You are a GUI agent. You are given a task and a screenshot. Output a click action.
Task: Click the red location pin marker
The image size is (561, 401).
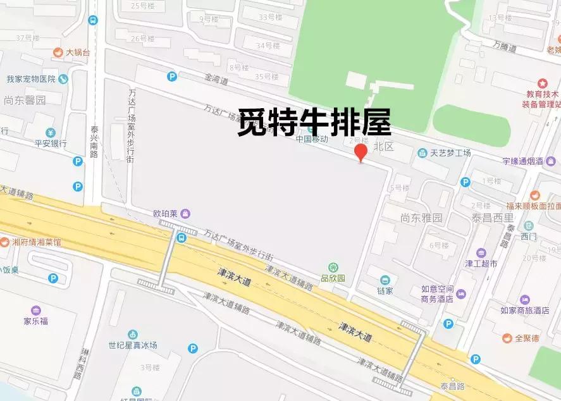pyautogui.click(x=361, y=152)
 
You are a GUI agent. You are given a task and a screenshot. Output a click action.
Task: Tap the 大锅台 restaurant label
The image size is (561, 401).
pyautogui.click(x=77, y=52)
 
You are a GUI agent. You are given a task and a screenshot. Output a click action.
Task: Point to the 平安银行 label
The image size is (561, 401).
pyautogui.click(x=51, y=144)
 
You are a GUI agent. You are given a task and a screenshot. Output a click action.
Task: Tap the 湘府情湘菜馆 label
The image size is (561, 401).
pyautogui.click(x=37, y=242)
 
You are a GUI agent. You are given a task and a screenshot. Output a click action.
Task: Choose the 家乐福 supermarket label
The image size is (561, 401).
pyautogui.click(x=36, y=321)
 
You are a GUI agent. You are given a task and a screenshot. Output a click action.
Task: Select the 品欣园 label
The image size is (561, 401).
pyautogui.click(x=333, y=278)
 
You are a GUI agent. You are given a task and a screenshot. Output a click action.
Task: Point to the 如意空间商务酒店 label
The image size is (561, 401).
pyautogui.click(x=438, y=294)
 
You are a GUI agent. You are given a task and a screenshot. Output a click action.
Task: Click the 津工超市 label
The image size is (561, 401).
pyautogui.click(x=481, y=263)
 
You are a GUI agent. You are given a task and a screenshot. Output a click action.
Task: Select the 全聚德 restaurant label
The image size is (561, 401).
pyautogui.click(x=526, y=338)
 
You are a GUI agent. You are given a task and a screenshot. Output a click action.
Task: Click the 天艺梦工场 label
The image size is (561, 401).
pyautogui.click(x=450, y=152)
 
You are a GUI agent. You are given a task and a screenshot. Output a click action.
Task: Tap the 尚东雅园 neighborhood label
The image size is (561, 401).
pyautogui.click(x=421, y=218)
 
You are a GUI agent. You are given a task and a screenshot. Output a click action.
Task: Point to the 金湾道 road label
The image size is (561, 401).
pyautogui.click(x=216, y=80)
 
